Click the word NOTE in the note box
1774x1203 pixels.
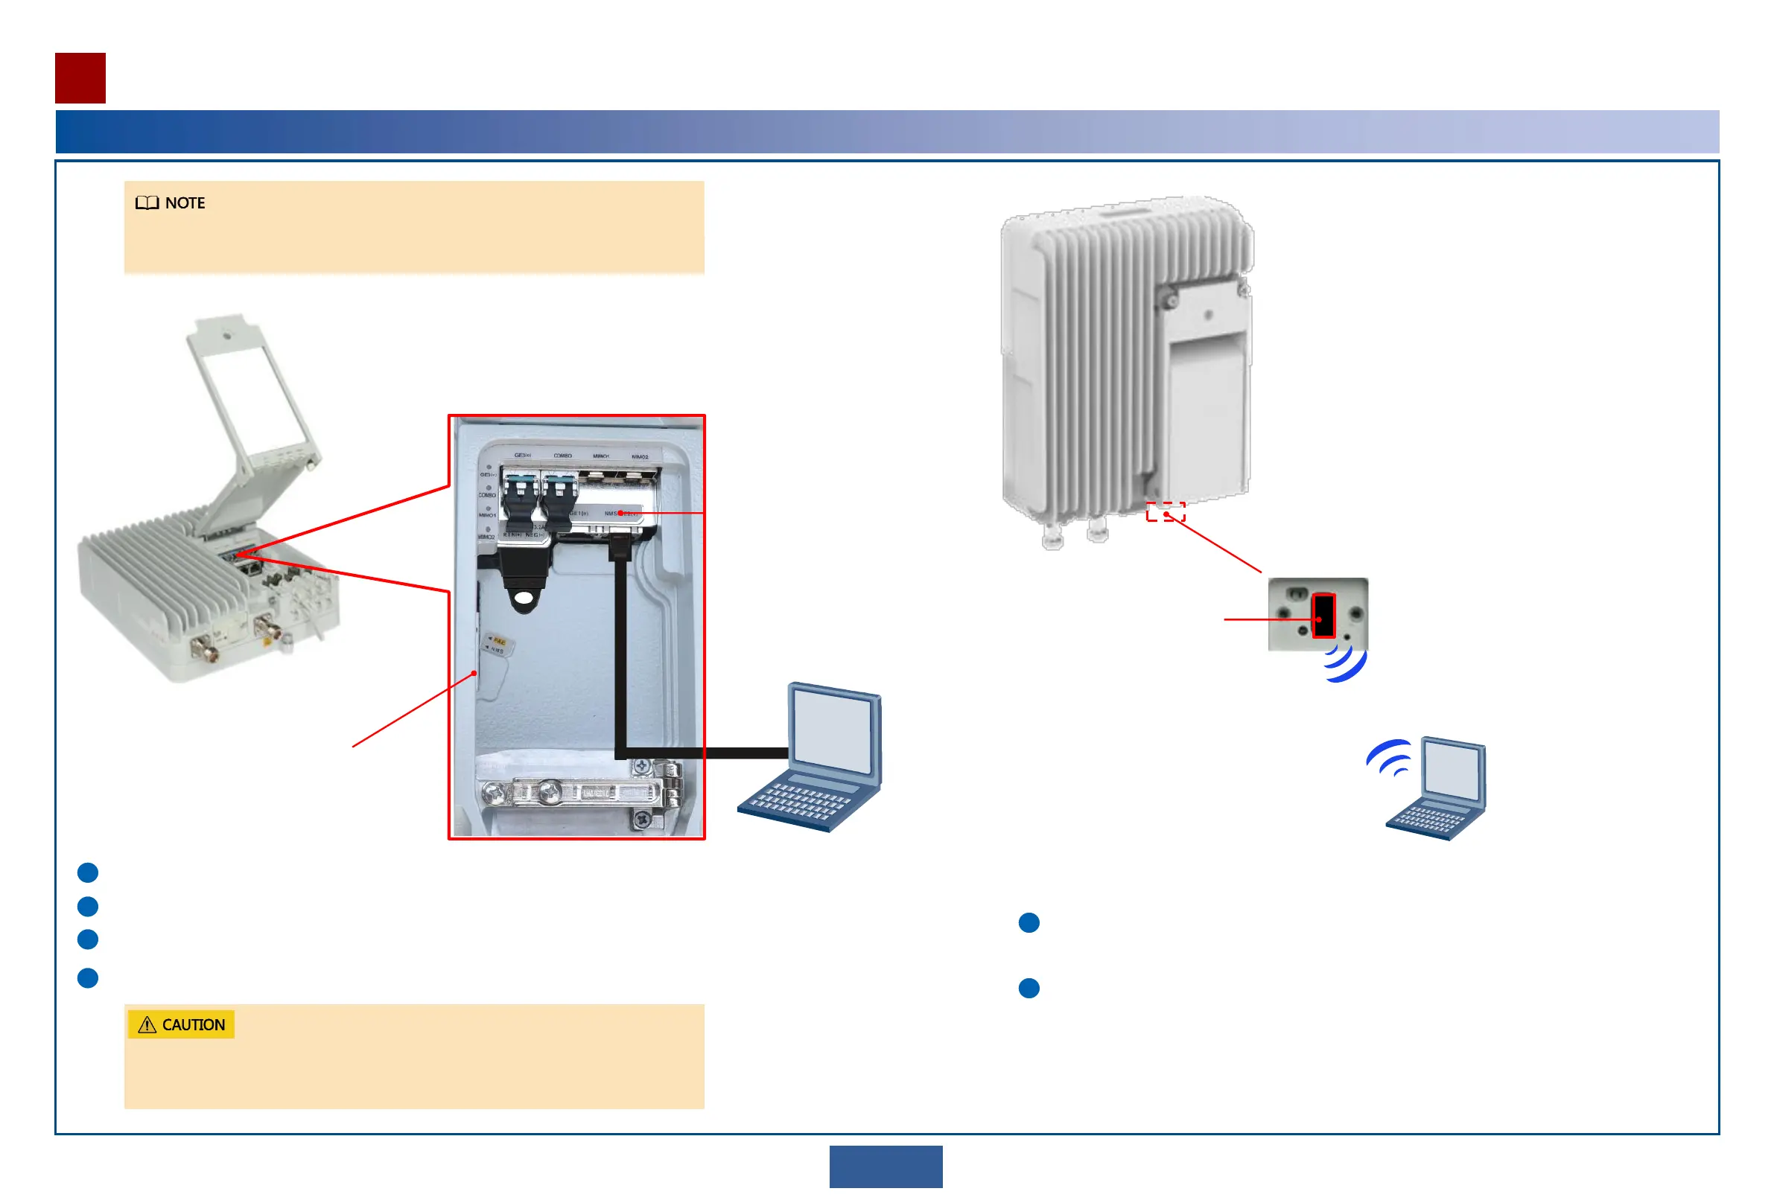[185, 203]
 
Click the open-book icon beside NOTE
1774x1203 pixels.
[147, 203]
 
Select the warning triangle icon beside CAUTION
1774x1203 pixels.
[147, 1024]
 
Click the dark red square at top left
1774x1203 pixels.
[80, 78]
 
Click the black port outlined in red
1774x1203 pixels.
[1323, 615]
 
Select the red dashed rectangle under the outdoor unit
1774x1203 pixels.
[1165, 512]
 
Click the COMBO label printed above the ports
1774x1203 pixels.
[562, 456]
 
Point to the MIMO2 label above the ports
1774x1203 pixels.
[640, 457]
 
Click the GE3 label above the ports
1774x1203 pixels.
[522, 456]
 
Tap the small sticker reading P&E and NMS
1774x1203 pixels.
[497, 645]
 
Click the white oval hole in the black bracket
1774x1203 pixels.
[524, 600]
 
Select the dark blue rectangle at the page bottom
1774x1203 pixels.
[886, 1166]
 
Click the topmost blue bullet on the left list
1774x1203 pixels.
[88, 872]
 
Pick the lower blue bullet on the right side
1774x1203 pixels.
[1029, 988]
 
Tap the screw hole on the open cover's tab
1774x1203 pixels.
[226, 334]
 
